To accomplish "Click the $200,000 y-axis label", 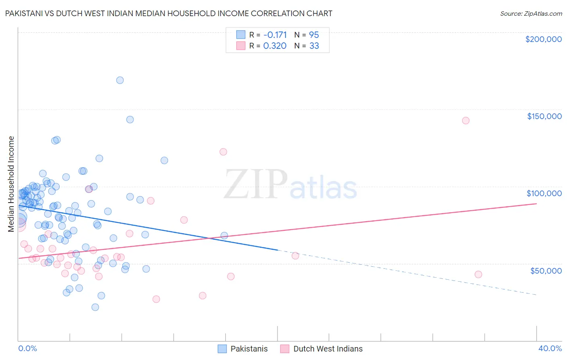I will [x=543, y=39].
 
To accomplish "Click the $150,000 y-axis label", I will [x=544, y=116].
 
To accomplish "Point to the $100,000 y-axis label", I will [x=544, y=193].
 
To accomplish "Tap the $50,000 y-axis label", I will [x=546, y=270].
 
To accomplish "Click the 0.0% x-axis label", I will [x=27, y=348].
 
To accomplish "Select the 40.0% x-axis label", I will [x=550, y=348].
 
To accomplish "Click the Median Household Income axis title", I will [x=11, y=184].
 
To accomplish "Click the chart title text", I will [x=169, y=13].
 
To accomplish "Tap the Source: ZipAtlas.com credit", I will [x=531, y=14].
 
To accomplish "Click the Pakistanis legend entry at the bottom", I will [x=249, y=349].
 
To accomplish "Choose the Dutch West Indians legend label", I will [x=328, y=349].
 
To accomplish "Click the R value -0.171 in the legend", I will [x=275, y=35].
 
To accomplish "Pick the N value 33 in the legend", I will [x=314, y=46].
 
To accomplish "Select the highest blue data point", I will [x=120, y=80].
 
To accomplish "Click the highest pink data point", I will [x=465, y=121].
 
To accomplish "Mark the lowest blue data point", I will [x=95, y=307].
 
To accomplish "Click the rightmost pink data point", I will [x=478, y=274].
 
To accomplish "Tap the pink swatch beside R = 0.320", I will [x=241, y=46].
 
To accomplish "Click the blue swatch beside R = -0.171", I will [x=241, y=35].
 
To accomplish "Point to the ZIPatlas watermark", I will [x=290, y=184].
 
